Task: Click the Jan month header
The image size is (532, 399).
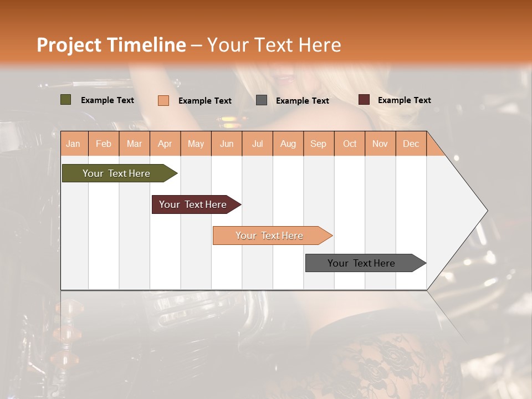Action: (73, 144)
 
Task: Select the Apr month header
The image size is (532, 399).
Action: (165, 144)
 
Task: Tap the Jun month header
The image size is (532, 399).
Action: (227, 144)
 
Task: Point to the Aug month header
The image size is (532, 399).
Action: (288, 144)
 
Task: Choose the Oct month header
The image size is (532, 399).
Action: (350, 144)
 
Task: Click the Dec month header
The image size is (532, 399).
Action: (411, 144)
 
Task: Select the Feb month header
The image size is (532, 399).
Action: (104, 144)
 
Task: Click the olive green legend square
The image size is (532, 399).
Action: (65, 100)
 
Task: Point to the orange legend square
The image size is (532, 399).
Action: (163, 100)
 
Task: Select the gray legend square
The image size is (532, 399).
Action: (262, 100)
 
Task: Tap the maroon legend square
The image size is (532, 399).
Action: (364, 100)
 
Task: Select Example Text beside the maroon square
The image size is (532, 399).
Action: (404, 100)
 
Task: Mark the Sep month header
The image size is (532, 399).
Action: (318, 144)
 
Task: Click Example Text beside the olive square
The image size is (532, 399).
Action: (107, 100)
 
